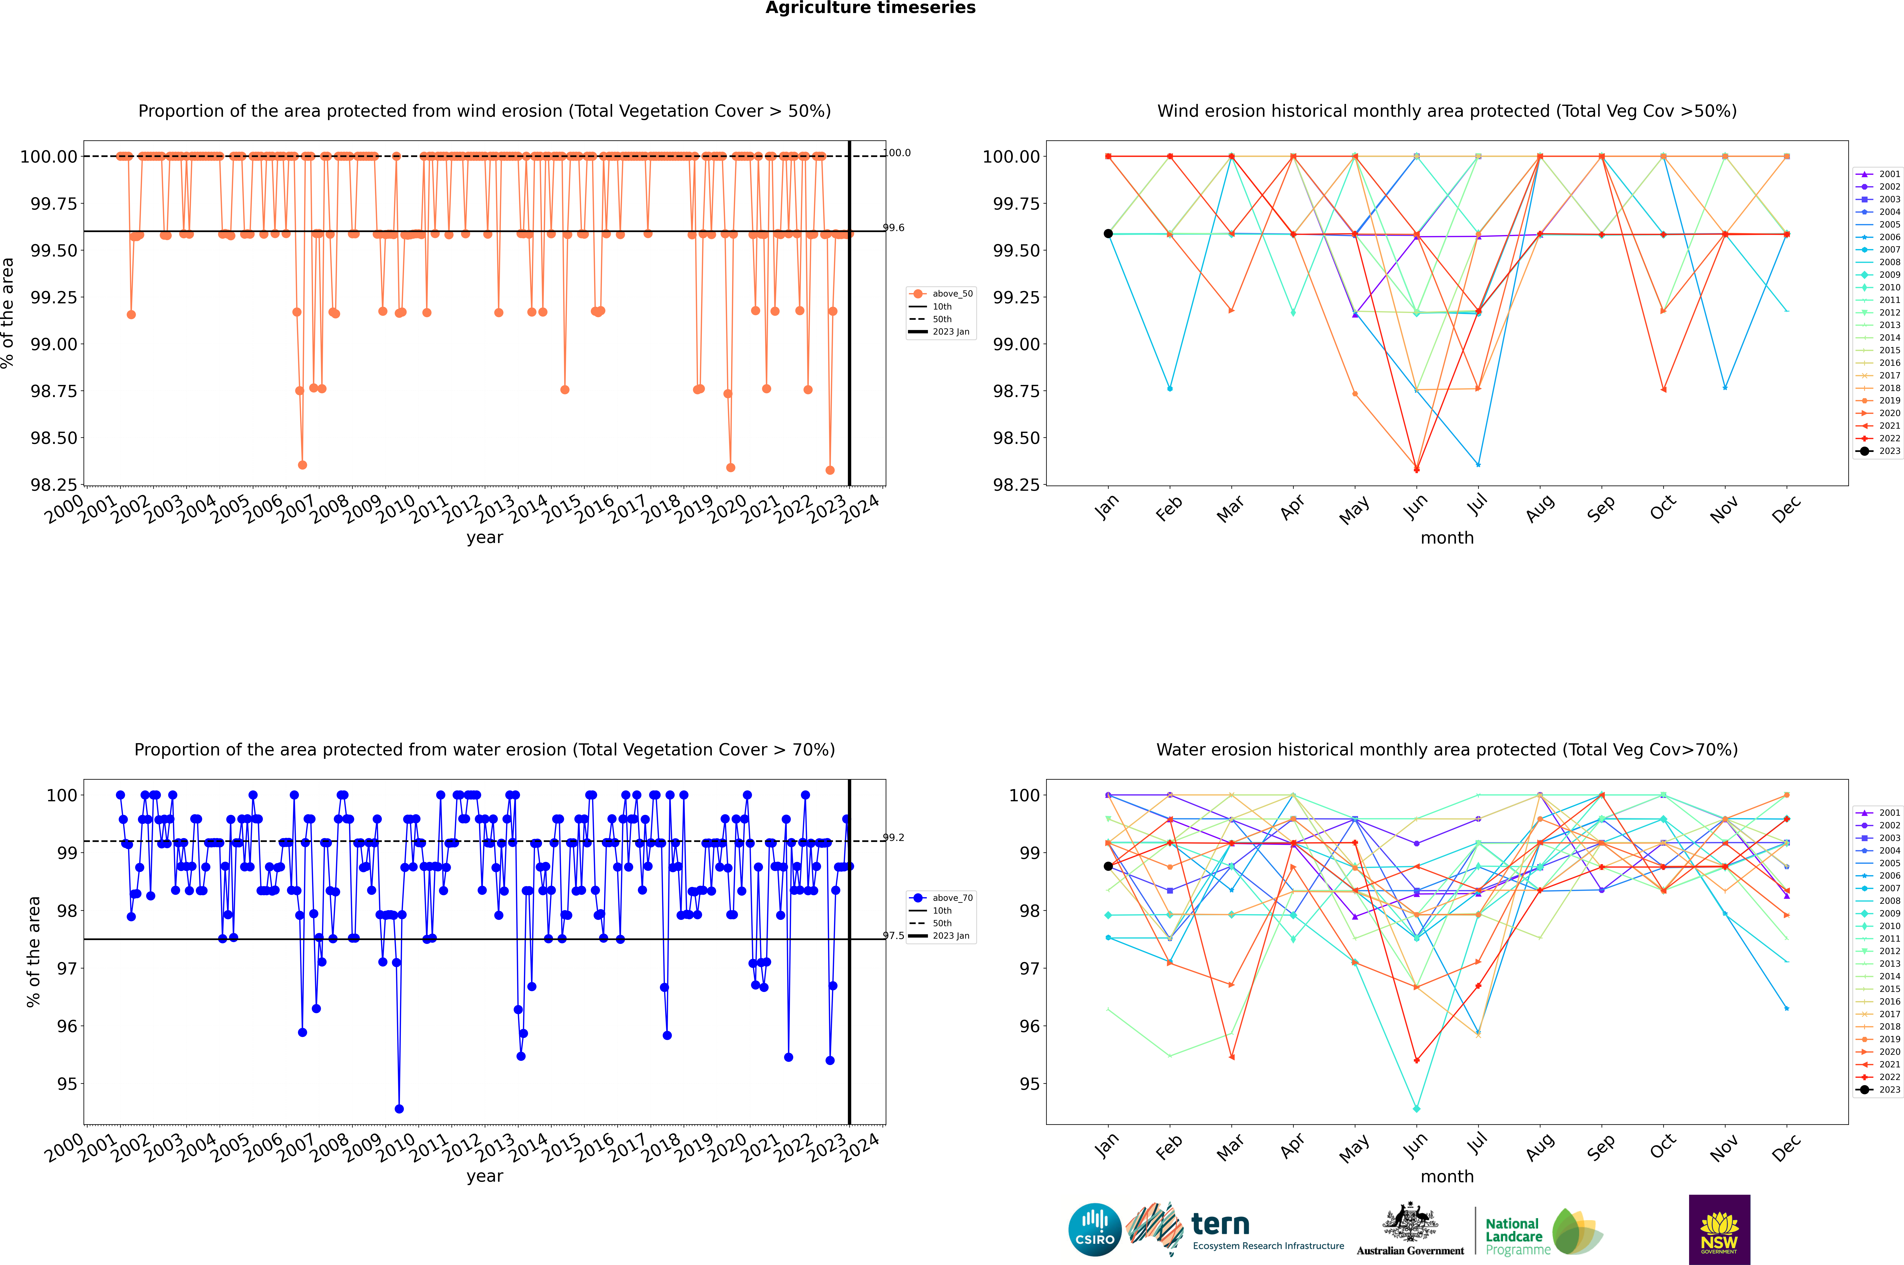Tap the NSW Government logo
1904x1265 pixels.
point(1719,1230)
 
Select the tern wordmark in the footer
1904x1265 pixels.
point(1220,1225)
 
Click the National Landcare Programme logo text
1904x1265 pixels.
point(1513,1236)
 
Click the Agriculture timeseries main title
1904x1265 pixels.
point(870,8)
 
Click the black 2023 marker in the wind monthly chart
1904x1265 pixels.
point(1108,234)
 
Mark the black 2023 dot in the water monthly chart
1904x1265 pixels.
point(1108,867)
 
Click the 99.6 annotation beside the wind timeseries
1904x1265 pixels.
point(894,227)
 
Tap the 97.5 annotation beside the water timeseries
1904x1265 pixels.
point(894,936)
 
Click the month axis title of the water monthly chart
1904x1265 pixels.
point(1446,1176)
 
